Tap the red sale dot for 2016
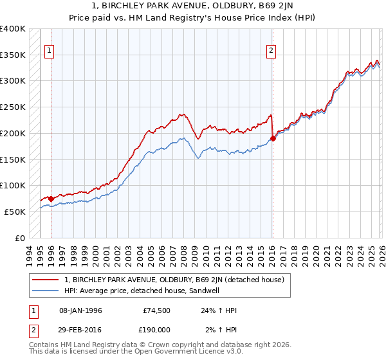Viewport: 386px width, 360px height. pyautogui.click(x=273, y=138)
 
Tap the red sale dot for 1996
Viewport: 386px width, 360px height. pyautogui.click(x=51, y=199)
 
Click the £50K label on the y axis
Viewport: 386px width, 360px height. pyautogui.click(x=15, y=212)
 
